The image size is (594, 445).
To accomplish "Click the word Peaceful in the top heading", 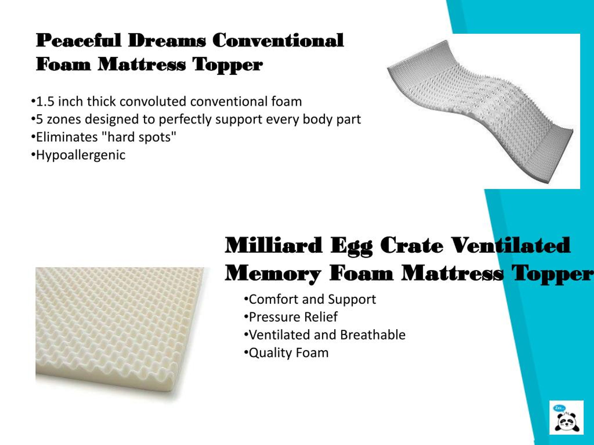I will pyautogui.click(x=79, y=40).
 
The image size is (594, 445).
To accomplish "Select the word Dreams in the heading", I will pyautogui.click(x=167, y=40).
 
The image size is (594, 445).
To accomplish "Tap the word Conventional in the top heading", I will pyautogui.click(x=278, y=40).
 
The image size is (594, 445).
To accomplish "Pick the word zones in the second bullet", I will pyautogui.click(x=64, y=119).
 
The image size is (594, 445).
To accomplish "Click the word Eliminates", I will pyautogui.click(x=67, y=137).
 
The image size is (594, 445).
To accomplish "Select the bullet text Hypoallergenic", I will pyautogui.click(x=81, y=155).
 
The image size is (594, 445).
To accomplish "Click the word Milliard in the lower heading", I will pyautogui.click(x=273, y=245).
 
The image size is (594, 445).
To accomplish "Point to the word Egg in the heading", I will pyautogui.click(x=351, y=246).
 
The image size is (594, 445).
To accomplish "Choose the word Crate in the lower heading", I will pyautogui.click(x=411, y=245).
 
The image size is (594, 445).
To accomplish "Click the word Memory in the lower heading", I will pyautogui.click(x=273, y=273).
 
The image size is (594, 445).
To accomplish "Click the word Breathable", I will pyautogui.click(x=372, y=335).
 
